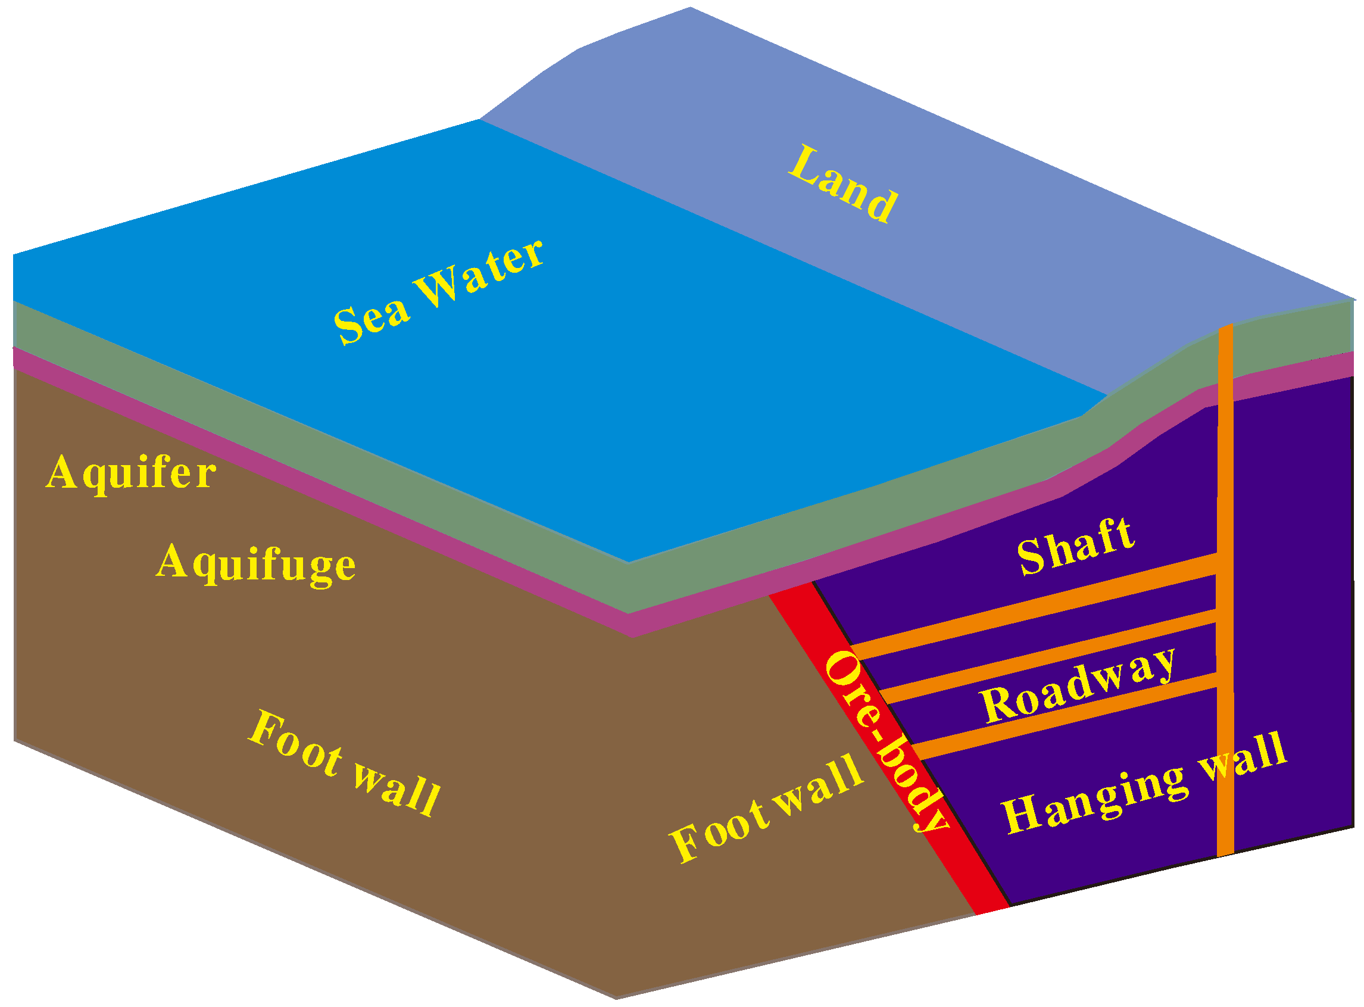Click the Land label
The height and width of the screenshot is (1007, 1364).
843,184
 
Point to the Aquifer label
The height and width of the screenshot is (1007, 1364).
131,473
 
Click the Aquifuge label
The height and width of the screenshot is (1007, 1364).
256,565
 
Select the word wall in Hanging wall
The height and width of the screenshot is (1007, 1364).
1243,758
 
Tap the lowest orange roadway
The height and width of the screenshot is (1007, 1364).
1066,719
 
